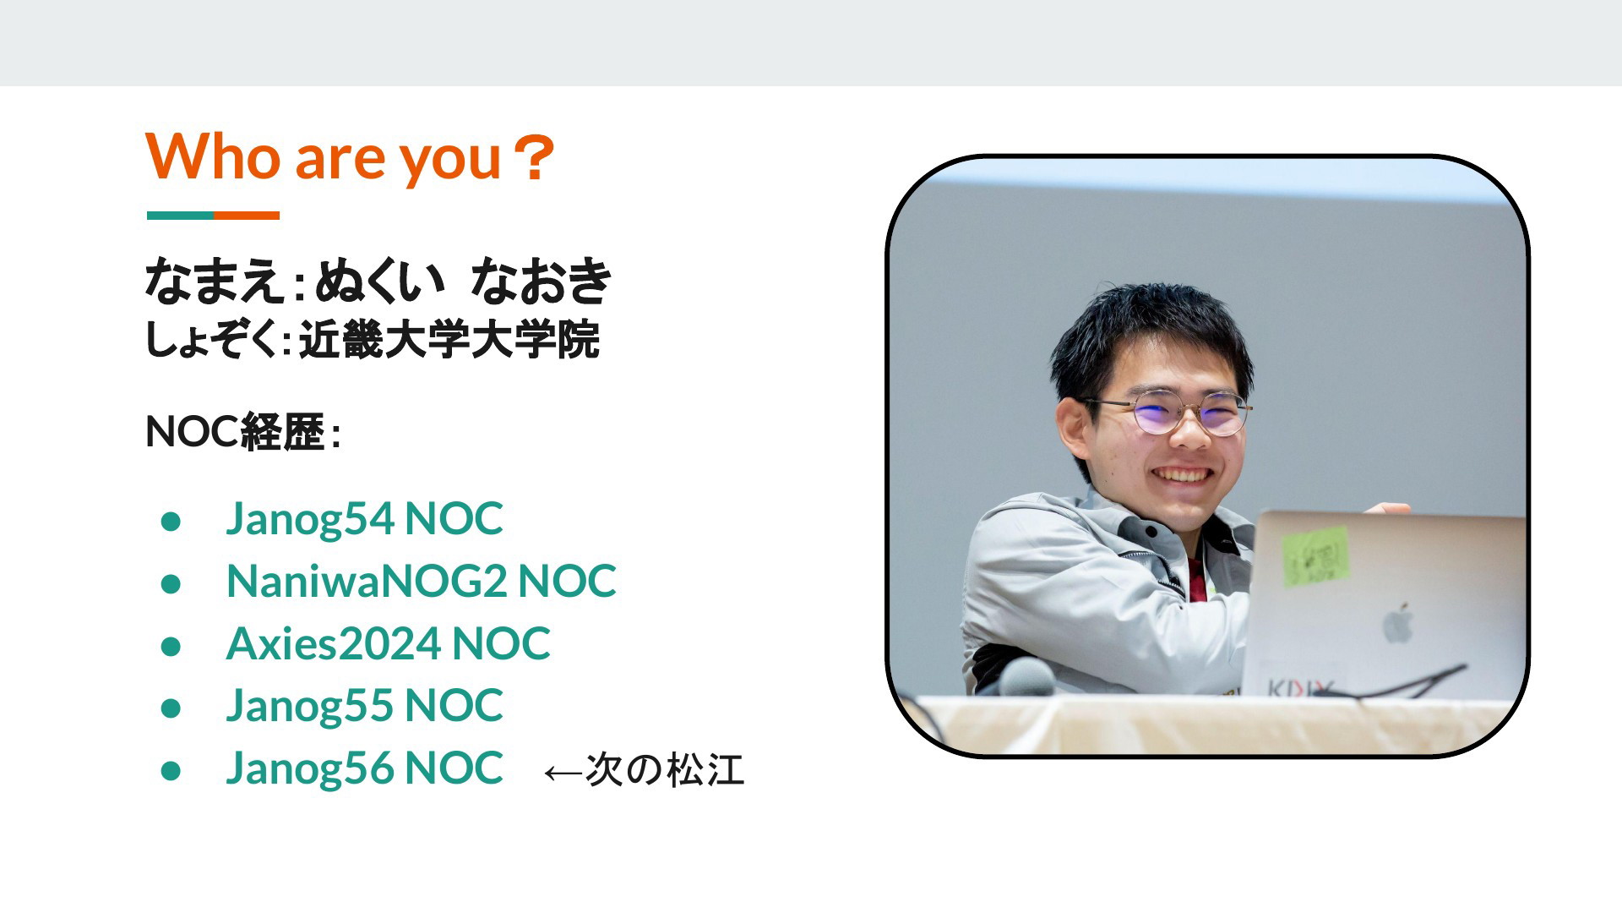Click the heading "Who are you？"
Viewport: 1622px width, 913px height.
351,157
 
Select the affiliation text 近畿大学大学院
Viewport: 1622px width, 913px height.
449,340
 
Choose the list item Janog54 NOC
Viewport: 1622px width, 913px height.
364,518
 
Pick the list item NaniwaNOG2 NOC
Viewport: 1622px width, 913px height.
422,581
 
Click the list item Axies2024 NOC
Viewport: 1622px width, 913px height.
389,643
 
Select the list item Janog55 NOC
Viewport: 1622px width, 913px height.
364,705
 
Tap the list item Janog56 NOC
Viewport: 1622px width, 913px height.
364,768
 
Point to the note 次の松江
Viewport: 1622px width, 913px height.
665,770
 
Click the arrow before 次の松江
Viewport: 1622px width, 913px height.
563,773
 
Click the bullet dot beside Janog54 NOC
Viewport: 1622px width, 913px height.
171,522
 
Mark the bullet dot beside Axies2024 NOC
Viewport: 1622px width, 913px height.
171,647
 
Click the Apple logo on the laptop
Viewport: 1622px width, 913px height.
1397,623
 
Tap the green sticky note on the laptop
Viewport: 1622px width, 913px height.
1315,557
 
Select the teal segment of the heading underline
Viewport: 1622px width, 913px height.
180,216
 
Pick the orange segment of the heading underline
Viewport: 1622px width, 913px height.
247,216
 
